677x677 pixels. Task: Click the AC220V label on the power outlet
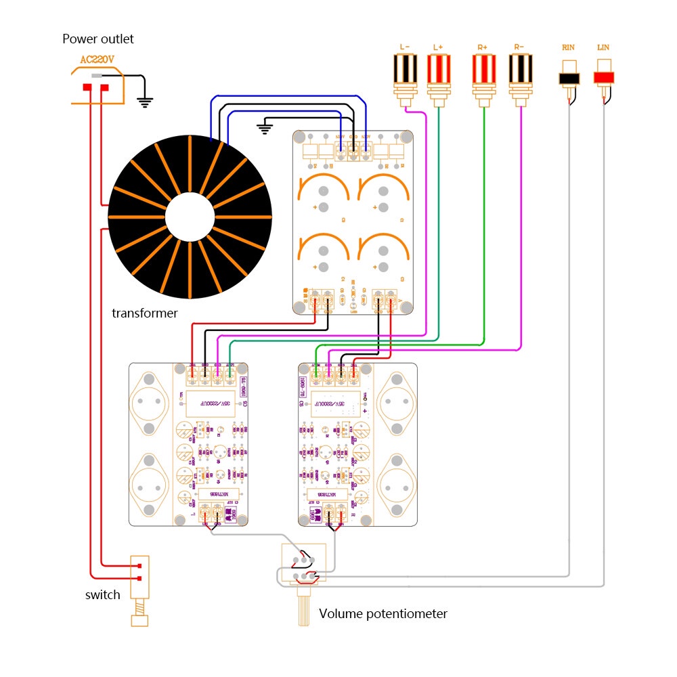(99, 60)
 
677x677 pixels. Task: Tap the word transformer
(144, 313)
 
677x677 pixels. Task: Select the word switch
(102, 595)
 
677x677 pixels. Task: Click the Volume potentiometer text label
(383, 614)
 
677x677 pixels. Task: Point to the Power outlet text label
(98, 39)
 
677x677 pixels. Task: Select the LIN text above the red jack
(604, 47)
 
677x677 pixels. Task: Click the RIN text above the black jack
(569, 47)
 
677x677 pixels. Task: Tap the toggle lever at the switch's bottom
(139, 619)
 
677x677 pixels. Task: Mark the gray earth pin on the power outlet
(97, 76)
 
